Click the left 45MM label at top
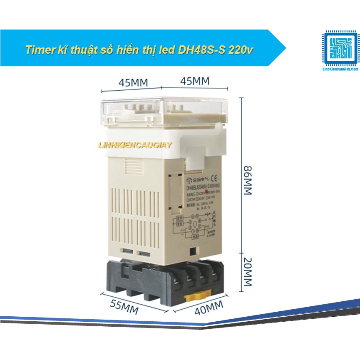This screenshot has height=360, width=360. tap(133, 82)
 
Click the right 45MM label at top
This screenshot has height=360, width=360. tap(195, 81)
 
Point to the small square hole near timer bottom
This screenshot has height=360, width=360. tap(192, 251)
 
